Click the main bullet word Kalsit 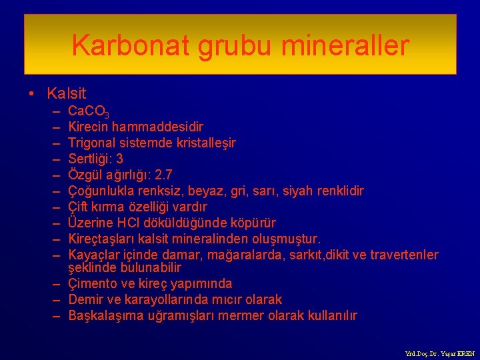coord(67,94)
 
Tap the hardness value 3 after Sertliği coord(119,159)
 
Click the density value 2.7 coord(163,175)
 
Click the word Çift coord(79,207)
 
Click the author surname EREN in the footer coord(465,353)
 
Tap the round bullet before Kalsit coord(33,94)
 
